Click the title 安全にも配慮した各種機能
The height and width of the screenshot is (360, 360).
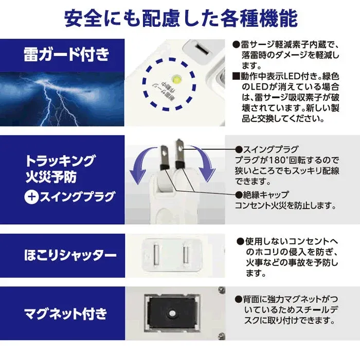point(180,18)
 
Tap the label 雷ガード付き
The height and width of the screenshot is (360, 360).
point(67,54)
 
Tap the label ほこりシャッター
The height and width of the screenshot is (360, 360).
point(70,255)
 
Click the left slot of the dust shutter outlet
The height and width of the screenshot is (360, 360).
point(156,254)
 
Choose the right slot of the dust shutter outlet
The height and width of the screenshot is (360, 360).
point(186,254)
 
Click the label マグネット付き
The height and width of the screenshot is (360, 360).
point(67,313)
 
